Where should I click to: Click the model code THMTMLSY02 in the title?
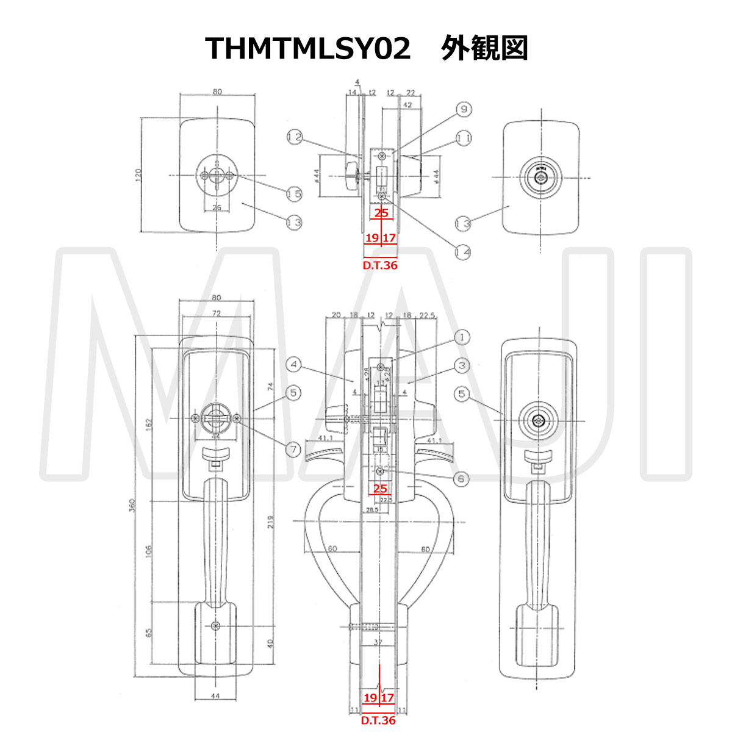click(308, 48)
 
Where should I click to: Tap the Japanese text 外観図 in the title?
click(484, 48)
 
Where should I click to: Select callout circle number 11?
click(464, 138)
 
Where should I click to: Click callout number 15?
click(295, 194)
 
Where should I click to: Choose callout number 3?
click(462, 365)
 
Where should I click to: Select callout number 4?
click(294, 365)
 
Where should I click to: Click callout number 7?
click(293, 450)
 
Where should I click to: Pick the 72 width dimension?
click(217, 312)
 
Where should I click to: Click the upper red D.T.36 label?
click(380, 266)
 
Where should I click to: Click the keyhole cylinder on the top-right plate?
click(540, 178)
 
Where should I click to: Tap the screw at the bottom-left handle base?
click(215, 626)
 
